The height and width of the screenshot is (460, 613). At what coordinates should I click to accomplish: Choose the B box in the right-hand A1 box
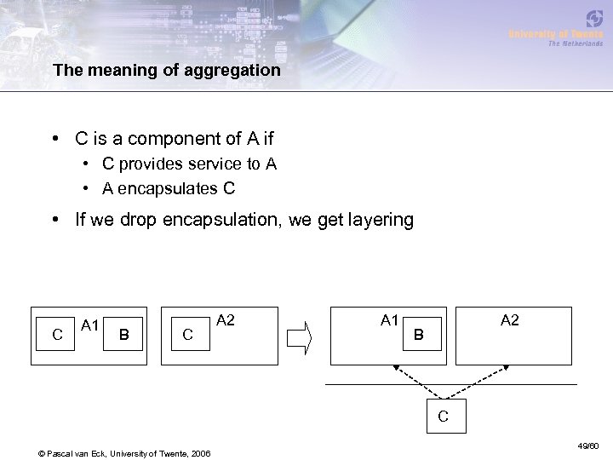417,336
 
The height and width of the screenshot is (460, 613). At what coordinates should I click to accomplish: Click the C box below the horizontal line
443,417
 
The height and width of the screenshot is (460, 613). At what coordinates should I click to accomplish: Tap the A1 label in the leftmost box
91,324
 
